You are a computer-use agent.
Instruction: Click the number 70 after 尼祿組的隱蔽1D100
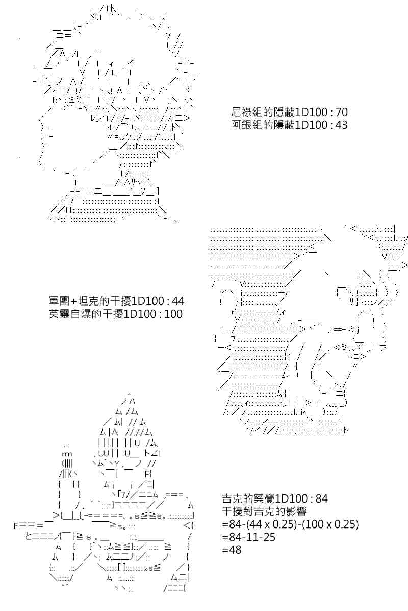[x=341, y=112]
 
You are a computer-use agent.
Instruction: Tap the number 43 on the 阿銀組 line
[x=341, y=125]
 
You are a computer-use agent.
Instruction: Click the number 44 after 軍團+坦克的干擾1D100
[x=178, y=301]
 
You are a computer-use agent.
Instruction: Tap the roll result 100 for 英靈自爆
[x=173, y=314]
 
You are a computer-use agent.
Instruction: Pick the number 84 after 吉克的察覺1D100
[x=322, y=499]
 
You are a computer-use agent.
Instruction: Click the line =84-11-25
[x=249, y=537]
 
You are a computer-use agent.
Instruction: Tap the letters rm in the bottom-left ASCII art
[x=67, y=454]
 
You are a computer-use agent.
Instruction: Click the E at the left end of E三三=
[x=16, y=526]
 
